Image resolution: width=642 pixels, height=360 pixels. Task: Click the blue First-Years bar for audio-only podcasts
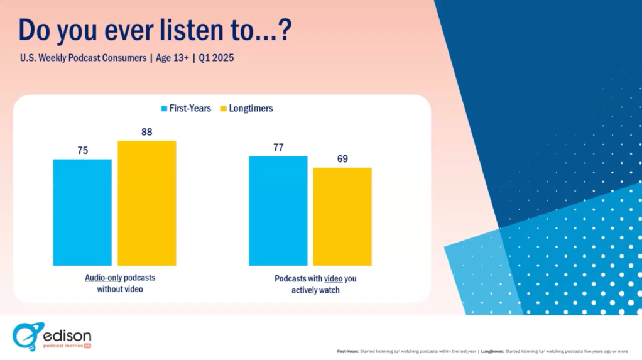82,212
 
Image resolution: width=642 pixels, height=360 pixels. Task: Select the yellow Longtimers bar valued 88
146,203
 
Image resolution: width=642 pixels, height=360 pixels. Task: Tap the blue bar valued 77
278,210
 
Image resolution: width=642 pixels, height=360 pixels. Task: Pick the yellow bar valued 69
342,216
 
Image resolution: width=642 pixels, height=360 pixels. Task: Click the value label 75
82,150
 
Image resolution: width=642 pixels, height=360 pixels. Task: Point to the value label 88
146,132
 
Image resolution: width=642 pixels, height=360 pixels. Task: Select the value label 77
278,148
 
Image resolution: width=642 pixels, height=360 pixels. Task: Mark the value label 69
342,158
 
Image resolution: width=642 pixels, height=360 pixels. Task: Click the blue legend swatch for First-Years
165,109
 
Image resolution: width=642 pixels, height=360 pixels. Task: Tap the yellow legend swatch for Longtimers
223,109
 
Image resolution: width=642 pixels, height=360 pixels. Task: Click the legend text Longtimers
251,108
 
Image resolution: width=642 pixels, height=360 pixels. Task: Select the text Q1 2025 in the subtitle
217,58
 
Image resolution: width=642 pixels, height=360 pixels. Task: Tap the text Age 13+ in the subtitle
173,58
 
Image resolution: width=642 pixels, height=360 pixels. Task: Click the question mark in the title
283,30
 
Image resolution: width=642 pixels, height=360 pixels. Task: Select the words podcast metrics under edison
63,346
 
